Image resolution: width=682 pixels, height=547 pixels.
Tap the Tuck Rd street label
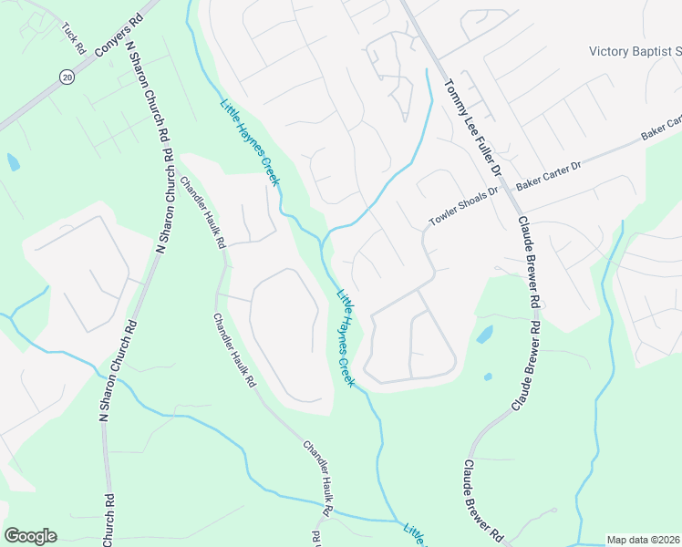tap(74, 36)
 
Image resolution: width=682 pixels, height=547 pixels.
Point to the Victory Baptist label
tap(635, 52)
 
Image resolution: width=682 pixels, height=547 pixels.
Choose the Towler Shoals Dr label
tap(465, 206)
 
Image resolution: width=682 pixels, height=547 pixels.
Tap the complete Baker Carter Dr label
tap(548, 173)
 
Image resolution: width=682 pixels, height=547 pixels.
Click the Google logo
tap(30, 536)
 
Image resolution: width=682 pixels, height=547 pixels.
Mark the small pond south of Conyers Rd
tap(12, 162)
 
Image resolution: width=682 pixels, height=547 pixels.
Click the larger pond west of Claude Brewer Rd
tap(485, 335)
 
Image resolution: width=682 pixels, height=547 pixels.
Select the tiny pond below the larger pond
tap(488, 376)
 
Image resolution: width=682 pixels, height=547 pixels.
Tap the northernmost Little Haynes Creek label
tap(249, 141)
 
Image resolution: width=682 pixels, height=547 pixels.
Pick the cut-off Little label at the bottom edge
tap(416, 534)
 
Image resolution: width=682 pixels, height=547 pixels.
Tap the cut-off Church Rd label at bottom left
tap(108, 521)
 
